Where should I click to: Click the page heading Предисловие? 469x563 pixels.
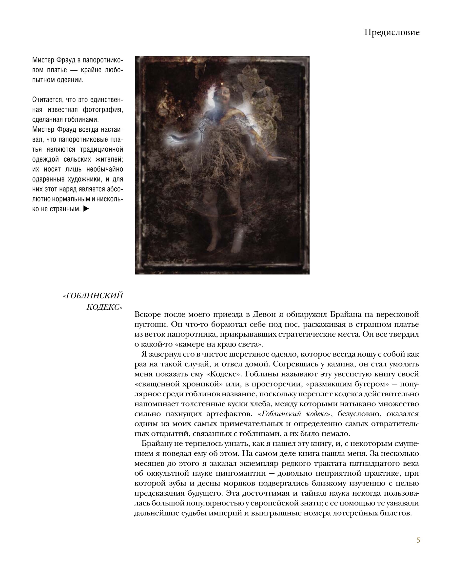[x=392, y=32]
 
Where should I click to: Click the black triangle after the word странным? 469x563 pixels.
[x=86, y=209]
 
